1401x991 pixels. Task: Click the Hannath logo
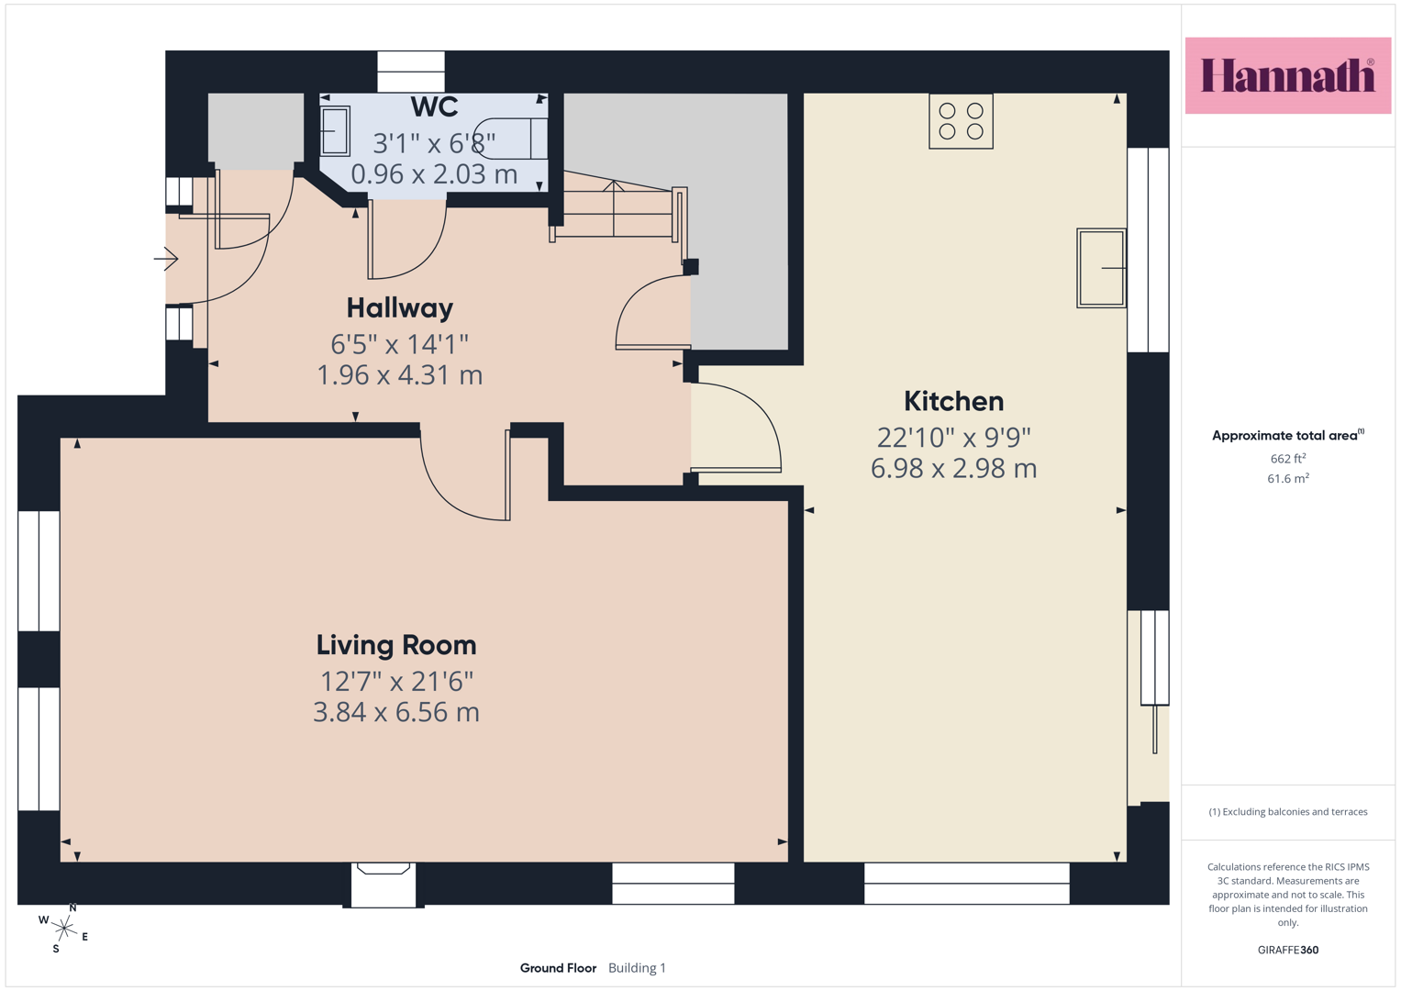(1288, 75)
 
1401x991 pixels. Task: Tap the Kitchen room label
(954, 401)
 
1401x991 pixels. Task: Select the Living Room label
(396, 645)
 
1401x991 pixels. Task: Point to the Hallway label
(400, 307)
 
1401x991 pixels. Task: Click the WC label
(434, 107)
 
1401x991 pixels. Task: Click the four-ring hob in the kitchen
(961, 121)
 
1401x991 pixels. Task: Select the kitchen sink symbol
(1101, 268)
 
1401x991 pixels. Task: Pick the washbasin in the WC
(335, 131)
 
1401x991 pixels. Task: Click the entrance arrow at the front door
(166, 259)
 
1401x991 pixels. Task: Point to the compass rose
(63, 929)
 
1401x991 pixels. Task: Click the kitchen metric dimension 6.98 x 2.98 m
(954, 468)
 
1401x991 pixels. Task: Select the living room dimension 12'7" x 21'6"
(396, 681)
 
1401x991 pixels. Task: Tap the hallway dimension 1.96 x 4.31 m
(400, 375)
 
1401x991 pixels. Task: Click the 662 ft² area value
(1288, 459)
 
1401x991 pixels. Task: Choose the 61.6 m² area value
(1288, 479)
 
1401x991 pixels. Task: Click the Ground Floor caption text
(558, 968)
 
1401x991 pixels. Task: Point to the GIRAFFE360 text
(1288, 950)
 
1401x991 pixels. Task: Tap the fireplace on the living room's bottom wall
(384, 885)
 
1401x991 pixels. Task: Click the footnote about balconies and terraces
(1288, 811)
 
